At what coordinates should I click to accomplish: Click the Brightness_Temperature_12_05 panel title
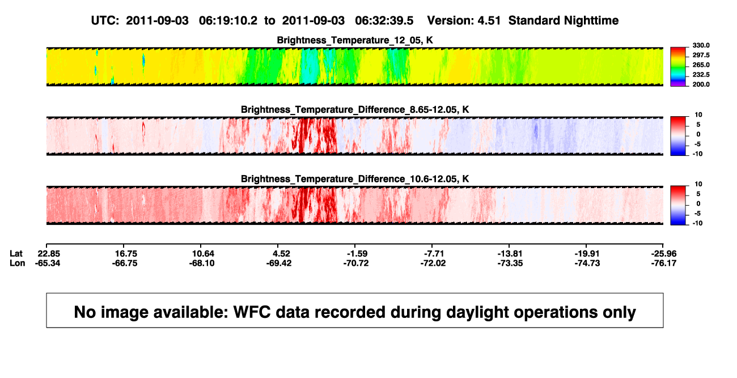(x=355, y=40)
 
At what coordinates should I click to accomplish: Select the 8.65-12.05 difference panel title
(x=355, y=109)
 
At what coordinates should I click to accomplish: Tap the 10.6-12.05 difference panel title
(x=355, y=179)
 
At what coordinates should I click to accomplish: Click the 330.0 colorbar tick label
(x=701, y=45)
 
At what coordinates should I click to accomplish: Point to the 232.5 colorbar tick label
(x=701, y=75)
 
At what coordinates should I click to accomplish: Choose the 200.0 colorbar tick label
(x=701, y=84)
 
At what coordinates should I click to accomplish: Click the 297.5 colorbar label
(x=701, y=56)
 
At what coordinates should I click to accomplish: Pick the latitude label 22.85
(x=49, y=254)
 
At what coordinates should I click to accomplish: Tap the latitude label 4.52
(x=281, y=254)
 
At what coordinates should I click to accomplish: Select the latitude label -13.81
(x=510, y=254)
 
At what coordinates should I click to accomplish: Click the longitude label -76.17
(x=664, y=263)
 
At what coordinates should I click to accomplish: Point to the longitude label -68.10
(x=202, y=263)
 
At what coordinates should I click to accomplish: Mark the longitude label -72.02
(x=433, y=263)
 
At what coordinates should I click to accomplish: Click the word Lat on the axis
(x=16, y=254)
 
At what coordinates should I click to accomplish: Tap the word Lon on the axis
(x=18, y=263)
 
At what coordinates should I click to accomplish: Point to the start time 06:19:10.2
(x=228, y=21)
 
